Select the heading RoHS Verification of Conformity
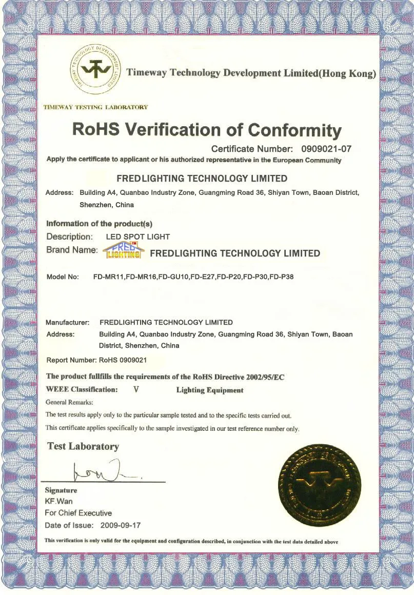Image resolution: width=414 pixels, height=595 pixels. tap(207, 129)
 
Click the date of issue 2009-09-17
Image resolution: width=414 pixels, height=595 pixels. tap(122, 525)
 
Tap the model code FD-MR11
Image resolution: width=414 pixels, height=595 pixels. tap(109, 276)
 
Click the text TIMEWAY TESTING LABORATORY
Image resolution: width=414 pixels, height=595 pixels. tap(96, 107)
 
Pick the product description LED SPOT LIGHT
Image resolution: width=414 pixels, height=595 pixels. tap(137, 237)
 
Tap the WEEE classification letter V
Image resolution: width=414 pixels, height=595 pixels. tap(136, 389)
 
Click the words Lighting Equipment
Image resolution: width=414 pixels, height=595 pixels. tap(210, 390)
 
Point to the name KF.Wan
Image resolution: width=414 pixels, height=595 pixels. tap(59, 501)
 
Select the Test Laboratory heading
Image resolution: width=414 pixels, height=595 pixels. tap(83, 446)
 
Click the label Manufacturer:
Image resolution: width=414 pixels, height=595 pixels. tap(68, 323)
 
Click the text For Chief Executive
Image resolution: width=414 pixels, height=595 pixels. tap(78, 513)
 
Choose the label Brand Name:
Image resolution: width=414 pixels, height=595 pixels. tap(72, 250)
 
